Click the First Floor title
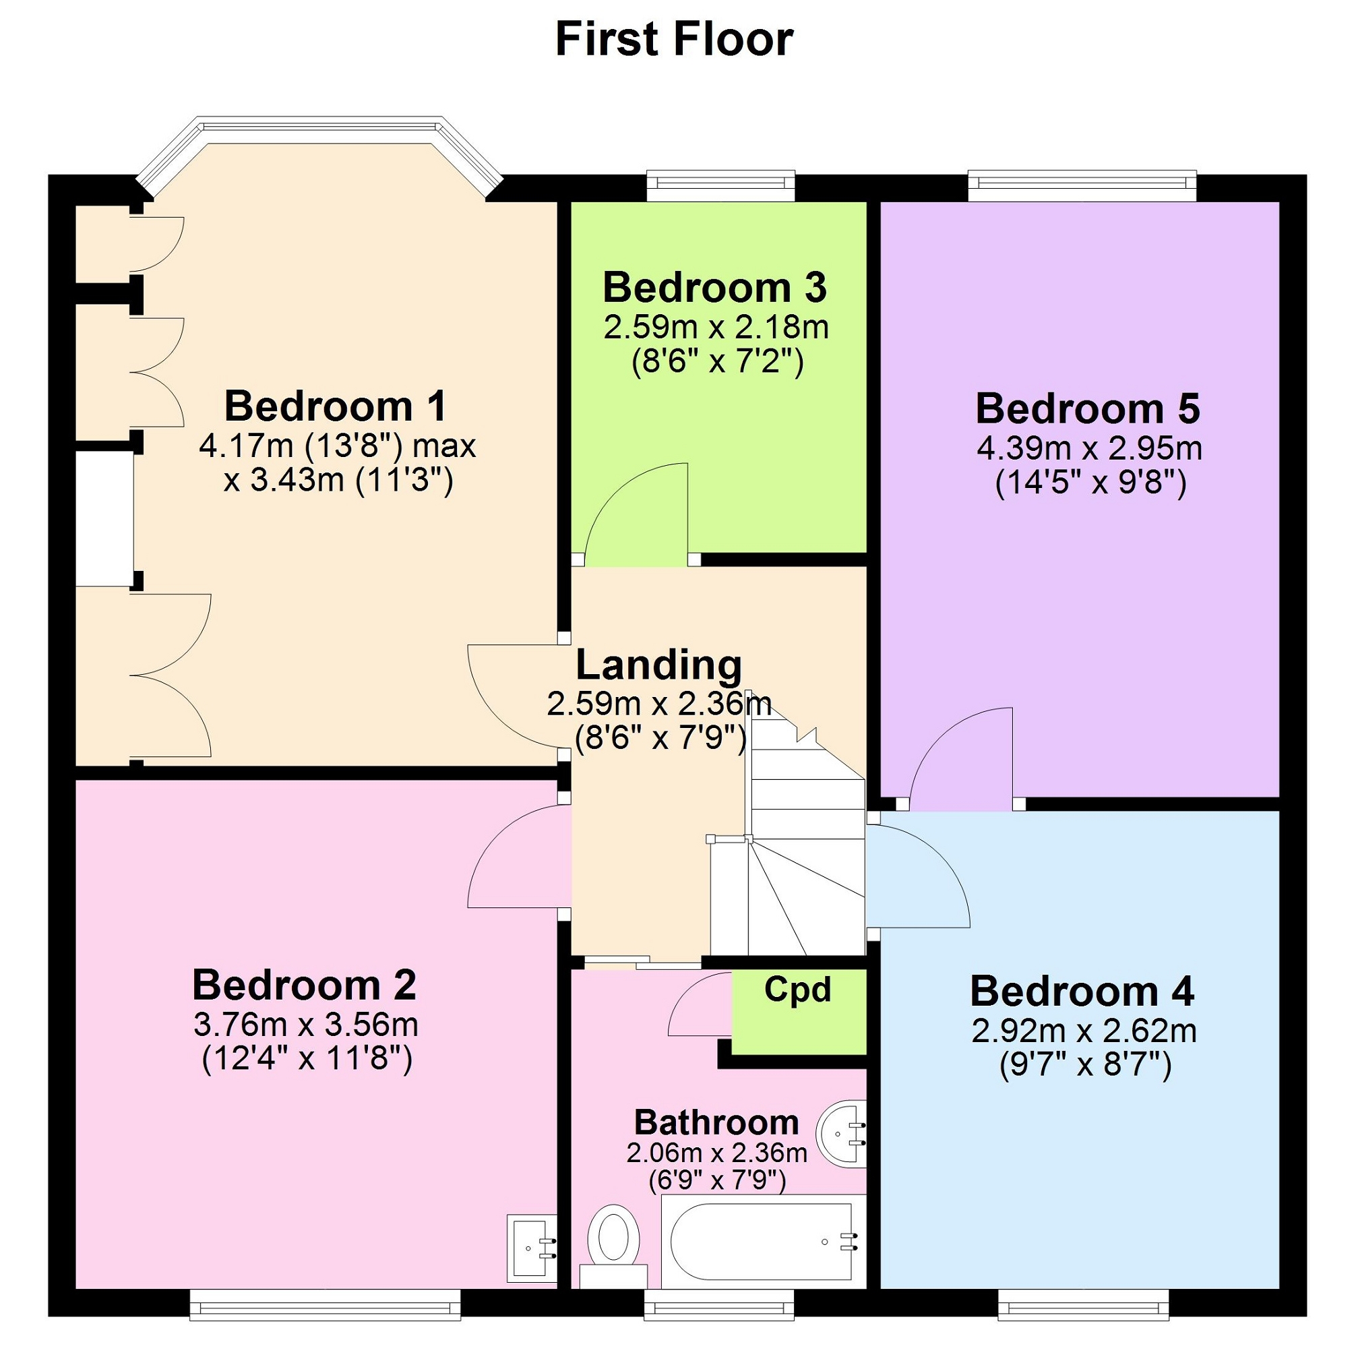[x=674, y=39]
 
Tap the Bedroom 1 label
[x=336, y=406]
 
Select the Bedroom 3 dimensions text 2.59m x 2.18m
[x=716, y=327]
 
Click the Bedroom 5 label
[x=1088, y=409]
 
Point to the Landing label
[x=659, y=665]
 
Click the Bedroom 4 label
[x=1082, y=992]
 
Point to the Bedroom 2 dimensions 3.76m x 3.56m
[x=306, y=1025]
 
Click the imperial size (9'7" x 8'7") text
[x=1085, y=1065]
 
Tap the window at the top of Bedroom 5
[x=1082, y=185]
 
